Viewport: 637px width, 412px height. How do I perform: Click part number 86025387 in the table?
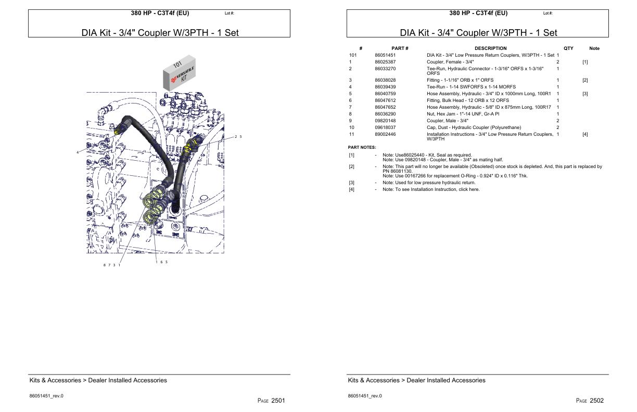pos(385,62)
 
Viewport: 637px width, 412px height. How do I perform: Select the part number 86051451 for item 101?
pos(385,55)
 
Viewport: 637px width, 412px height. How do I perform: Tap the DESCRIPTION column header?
pos(490,48)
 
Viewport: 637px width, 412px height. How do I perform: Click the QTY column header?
pos(568,48)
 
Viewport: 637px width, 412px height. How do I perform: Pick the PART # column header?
pos(400,48)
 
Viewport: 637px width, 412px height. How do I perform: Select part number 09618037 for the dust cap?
pos(385,127)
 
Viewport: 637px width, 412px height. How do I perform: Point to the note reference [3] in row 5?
pos(585,94)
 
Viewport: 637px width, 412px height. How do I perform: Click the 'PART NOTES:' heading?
pos(362,148)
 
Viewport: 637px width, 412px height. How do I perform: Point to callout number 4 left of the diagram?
pos(78,152)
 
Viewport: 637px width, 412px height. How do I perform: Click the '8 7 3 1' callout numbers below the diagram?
pos(111,265)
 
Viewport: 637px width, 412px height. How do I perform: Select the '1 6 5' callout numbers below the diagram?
pos(161,262)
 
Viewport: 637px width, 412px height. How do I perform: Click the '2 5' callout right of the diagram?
pos(238,137)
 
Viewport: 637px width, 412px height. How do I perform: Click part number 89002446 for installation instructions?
pos(385,134)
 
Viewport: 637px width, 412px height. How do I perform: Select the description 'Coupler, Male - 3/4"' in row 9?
pos(448,121)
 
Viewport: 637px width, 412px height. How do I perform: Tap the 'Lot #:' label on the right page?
pos(547,14)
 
